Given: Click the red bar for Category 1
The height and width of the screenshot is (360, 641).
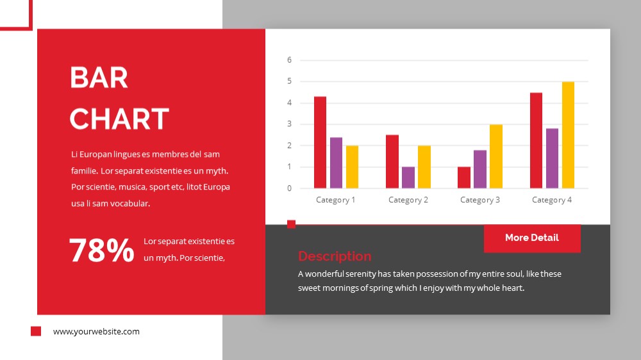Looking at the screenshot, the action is (x=320, y=142).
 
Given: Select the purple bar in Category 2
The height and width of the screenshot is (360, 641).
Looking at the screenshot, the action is (x=408, y=177).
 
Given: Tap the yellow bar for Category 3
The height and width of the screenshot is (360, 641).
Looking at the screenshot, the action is (x=496, y=156).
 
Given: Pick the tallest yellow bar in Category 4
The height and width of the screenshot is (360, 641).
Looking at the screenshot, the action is (x=568, y=135).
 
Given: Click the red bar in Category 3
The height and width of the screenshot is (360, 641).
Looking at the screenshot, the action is (x=464, y=177).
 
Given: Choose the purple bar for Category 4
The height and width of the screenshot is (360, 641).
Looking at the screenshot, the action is (x=552, y=158).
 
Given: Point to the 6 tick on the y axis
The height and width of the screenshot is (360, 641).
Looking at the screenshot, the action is (x=290, y=60).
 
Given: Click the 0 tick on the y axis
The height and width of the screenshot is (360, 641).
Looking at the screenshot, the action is (x=290, y=188).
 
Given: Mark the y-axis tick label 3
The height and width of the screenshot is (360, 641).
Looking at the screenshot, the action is (x=290, y=124).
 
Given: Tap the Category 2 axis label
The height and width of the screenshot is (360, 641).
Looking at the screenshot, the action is (x=408, y=200).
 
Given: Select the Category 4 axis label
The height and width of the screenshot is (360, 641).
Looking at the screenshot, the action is (x=552, y=200).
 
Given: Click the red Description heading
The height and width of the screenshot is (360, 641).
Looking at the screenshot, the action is (x=335, y=256).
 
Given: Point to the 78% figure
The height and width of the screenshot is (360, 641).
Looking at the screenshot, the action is (x=101, y=250).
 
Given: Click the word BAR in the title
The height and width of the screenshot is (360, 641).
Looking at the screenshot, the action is (x=99, y=78).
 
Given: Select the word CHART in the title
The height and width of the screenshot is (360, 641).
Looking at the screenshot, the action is (x=119, y=119).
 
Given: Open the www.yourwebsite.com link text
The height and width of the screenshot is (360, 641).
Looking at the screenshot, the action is (x=96, y=331).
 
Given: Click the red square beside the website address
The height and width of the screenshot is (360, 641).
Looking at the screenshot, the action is (x=36, y=331).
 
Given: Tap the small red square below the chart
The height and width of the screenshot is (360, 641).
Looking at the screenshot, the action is (x=291, y=224).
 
